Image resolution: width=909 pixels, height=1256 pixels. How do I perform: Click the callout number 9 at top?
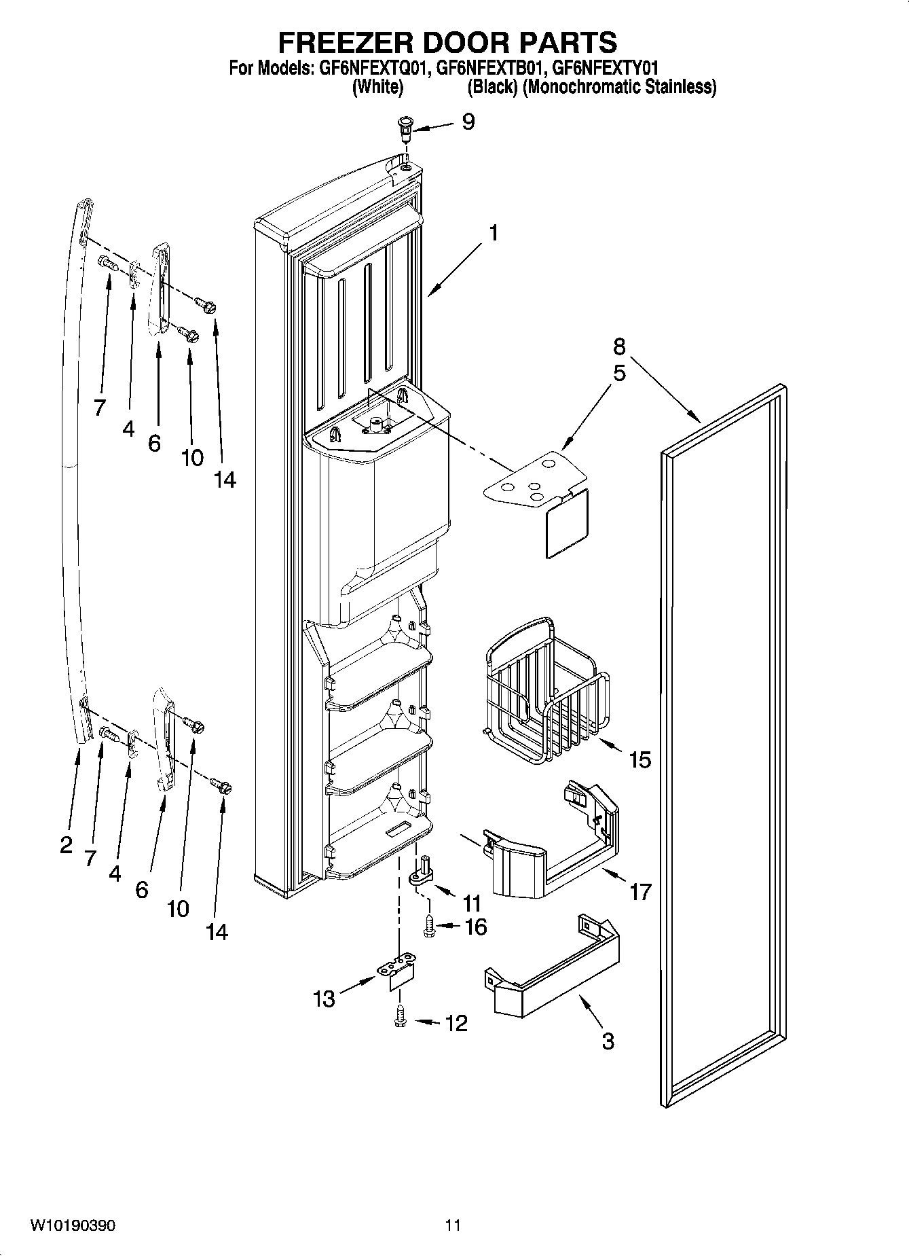point(468,122)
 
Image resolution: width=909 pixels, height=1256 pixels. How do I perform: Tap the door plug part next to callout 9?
point(405,126)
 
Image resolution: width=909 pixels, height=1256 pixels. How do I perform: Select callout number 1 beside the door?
point(494,233)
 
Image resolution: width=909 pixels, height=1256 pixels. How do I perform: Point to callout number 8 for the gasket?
point(618,346)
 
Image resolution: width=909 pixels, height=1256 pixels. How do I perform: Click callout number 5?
point(618,373)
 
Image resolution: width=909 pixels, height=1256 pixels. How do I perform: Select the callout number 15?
point(639,759)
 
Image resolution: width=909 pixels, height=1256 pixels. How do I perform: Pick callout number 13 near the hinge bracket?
point(324,999)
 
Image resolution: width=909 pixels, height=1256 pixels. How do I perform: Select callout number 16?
point(475,927)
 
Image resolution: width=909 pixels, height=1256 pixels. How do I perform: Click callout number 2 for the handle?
point(66,845)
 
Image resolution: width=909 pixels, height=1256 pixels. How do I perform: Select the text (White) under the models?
point(377,87)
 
